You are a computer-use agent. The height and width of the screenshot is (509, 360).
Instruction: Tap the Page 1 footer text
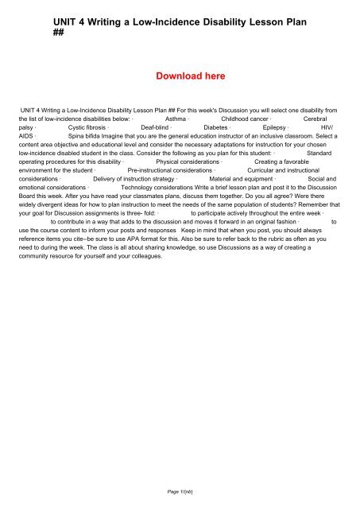tap(181, 492)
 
